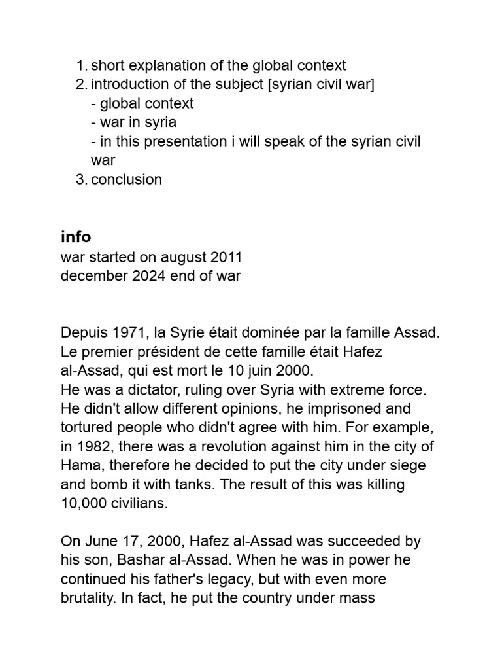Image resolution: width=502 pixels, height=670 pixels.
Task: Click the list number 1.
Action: [80, 65]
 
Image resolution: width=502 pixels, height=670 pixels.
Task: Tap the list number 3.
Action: [80, 179]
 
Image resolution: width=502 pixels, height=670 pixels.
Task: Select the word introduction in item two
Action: [128, 84]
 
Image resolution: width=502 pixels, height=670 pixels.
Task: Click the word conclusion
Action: [126, 179]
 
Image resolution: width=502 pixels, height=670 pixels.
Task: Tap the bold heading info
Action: [76, 237]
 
